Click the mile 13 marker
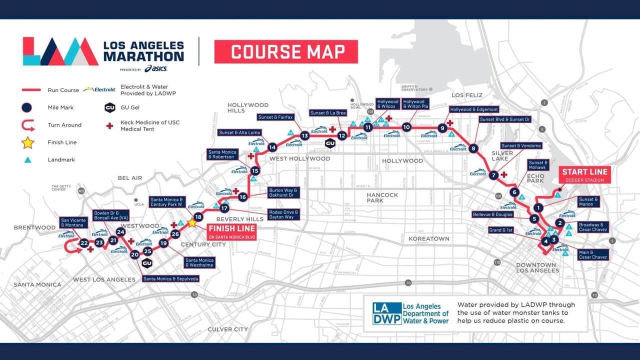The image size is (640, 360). click(x=304, y=135)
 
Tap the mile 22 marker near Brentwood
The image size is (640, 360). click(x=84, y=243)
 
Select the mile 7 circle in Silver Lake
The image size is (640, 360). click(x=493, y=175)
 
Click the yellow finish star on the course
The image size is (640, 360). click(x=191, y=223)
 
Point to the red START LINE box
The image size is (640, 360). click(x=584, y=175)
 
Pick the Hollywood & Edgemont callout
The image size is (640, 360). click(x=474, y=109)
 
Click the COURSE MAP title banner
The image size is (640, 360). click(x=286, y=52)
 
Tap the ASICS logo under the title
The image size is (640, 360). click(x=155, y=68)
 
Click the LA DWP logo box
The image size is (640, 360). click(x=387, y=313)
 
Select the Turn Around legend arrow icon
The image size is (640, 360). click(x=27, y=125)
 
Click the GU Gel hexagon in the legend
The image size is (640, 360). click(x=110, y=107)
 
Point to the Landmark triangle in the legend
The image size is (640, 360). click(x=28, y=160)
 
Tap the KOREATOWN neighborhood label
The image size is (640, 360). click(x=429, y=239)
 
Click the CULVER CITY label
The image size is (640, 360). click(x=227, y=329)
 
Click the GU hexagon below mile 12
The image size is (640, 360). click(x=330, y=144)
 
